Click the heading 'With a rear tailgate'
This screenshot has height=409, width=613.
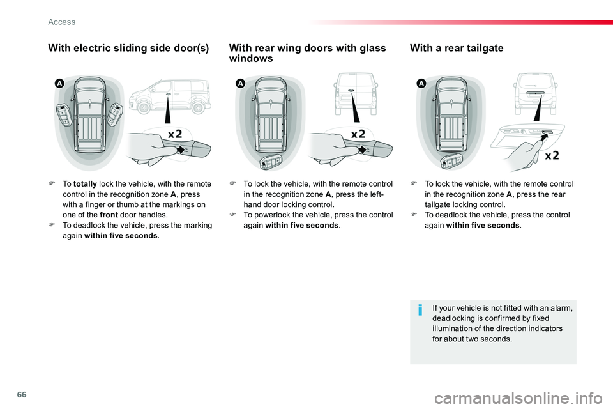tap(457, 48)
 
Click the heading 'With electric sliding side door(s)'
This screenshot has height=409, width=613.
tap(128, 48)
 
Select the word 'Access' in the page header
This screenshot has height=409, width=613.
tap(62, 22)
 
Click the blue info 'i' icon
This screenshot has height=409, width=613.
tap(420, 311)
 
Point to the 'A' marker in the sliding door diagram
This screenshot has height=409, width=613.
tap(59, 84)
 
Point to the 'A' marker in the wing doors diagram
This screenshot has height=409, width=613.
tap(239, 84)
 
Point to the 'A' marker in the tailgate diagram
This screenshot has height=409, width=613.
tap(421, 84)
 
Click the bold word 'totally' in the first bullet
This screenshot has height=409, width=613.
tap(85, 184)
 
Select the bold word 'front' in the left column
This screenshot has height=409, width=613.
tap(109, 215)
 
